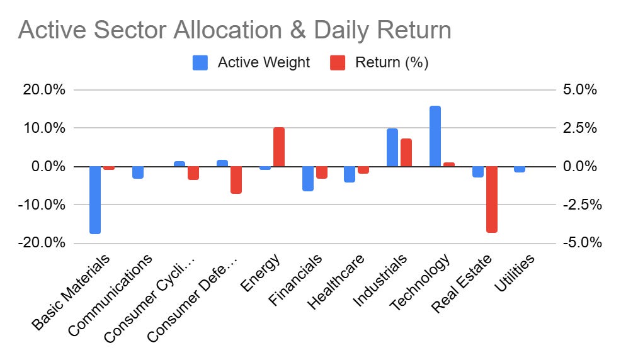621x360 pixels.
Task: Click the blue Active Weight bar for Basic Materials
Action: coord(95,200)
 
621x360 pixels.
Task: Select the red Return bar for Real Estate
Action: coord(492,200)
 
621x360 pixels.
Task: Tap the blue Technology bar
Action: coord(435,136)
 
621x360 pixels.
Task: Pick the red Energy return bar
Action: coord(279,147)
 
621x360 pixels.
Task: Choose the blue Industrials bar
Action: coord(392,147)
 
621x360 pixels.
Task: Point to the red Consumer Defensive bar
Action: coord(236,180)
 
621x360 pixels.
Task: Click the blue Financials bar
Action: coord(308,179)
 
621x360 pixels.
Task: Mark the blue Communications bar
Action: coord(138,172)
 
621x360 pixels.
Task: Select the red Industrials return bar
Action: coord(406,153)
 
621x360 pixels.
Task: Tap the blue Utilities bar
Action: coord(520,169)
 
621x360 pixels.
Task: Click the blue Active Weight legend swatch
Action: coord(200,62)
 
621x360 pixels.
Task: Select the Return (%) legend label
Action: coord(392,62)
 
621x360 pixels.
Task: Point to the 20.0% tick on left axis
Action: coord(44,89)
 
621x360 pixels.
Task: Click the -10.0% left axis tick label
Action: coord(41,205)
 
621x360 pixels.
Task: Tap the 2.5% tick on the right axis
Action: coord(580,128)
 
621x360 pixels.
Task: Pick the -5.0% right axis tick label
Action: coord(582,242)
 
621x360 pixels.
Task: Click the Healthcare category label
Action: coord(336,281)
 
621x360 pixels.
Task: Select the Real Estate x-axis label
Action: coord(462,284)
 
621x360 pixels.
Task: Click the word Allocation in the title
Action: coord(228,30)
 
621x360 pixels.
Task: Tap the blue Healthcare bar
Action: coord(350,174)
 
